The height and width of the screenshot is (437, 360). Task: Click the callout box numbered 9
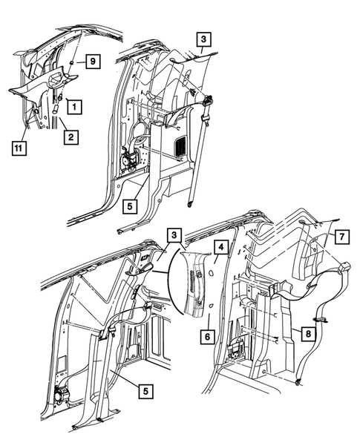(x=92, y=62)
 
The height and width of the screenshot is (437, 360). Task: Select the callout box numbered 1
(x=76, y=106)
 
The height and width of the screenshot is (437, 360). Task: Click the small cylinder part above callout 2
(x=56, y=109)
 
